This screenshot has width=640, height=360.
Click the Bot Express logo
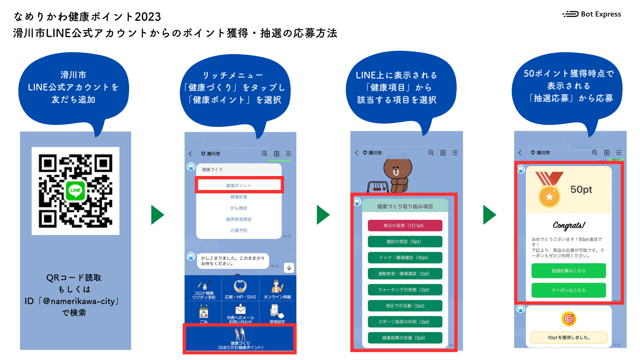point(592,14)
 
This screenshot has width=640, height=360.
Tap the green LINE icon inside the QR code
point(75,190)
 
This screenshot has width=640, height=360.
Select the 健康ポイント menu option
point(239,185)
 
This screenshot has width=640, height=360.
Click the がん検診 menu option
point(239,208)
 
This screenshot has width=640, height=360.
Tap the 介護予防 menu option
point(239,230)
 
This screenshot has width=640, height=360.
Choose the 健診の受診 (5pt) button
point(405,242)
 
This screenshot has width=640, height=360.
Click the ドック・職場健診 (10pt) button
point(405,258)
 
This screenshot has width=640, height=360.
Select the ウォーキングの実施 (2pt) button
point(405,290)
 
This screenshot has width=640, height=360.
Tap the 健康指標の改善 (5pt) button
point(405,338)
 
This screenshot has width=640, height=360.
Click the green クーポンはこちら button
point(568,290)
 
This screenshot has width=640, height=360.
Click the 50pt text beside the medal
point(581,189)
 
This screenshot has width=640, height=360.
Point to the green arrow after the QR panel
point(157,215)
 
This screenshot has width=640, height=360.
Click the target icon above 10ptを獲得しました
point(569,319)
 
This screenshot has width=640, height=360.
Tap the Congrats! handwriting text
point(569,226)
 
